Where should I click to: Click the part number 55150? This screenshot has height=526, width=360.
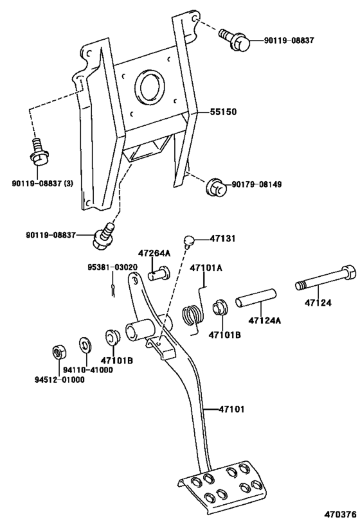[223, 111]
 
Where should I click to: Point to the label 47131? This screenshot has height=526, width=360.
[223, 238]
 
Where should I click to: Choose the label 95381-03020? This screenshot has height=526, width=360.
[113, 267]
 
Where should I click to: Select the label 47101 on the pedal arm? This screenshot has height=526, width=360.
[231, 408]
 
